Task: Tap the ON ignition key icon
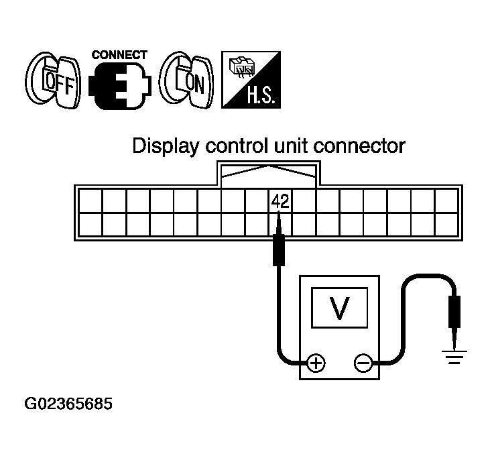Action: click(x=187, y=80)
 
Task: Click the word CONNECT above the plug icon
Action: click(x=120, y=55)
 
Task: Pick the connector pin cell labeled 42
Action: click(x=281, y=201)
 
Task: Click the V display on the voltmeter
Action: click(x=341, y=308)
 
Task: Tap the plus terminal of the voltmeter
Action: click(x=316, y=363)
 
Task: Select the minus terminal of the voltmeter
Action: click(x=363, y=363)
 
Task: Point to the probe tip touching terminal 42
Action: click(x=278, y=221)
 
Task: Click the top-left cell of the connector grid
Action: click(x=90, y=201)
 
